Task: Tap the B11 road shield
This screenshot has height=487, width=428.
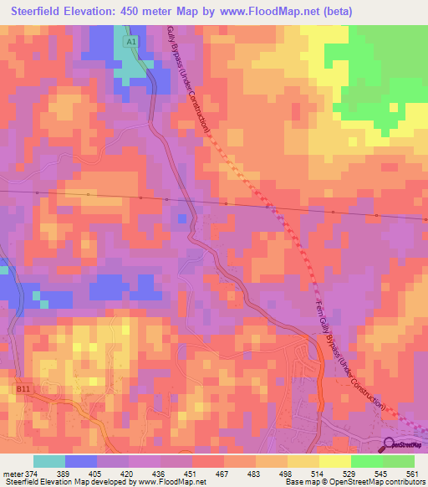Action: pos(22,388)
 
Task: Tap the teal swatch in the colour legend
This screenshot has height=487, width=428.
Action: pos(49,462)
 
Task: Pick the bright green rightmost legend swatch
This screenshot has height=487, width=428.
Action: pos(399,462)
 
